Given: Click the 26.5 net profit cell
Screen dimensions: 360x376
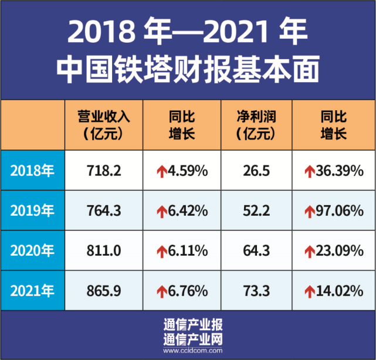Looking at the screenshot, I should tap(256, 171).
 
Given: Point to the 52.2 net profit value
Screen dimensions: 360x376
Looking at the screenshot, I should tap(256, 210).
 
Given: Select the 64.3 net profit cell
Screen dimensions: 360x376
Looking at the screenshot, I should tap(256, 251).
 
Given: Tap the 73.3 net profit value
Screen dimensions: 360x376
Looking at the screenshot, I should tap(256, 290).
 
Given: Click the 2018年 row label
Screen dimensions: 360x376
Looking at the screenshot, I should tap(32, 171).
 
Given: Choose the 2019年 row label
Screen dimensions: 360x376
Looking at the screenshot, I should tap(32, 210).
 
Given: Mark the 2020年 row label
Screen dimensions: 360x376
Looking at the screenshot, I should tap(32, 251).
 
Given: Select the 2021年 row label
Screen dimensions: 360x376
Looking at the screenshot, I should tap(32, 290).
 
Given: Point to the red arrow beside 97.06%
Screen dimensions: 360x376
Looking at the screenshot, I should tap(310, 211).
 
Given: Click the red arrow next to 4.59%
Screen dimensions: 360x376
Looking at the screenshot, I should tap(161, 171).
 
